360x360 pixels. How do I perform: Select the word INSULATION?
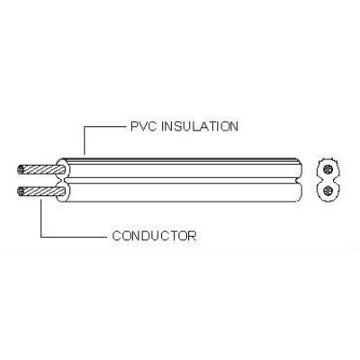point(200,126)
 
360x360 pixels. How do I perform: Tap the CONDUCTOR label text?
point(155,236)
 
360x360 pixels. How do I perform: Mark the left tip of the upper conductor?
point(18,169)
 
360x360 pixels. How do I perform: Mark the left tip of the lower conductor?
point(18,192)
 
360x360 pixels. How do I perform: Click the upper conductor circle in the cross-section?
point(329,169)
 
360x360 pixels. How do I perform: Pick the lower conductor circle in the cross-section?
point(329,191)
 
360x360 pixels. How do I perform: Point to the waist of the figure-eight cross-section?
point(329,180)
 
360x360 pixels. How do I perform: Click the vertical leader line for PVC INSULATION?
point(85,140)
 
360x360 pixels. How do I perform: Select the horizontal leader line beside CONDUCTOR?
point(74,237)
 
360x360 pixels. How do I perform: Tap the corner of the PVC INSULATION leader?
point(85,127)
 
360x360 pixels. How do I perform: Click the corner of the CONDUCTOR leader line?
point(41,237)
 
